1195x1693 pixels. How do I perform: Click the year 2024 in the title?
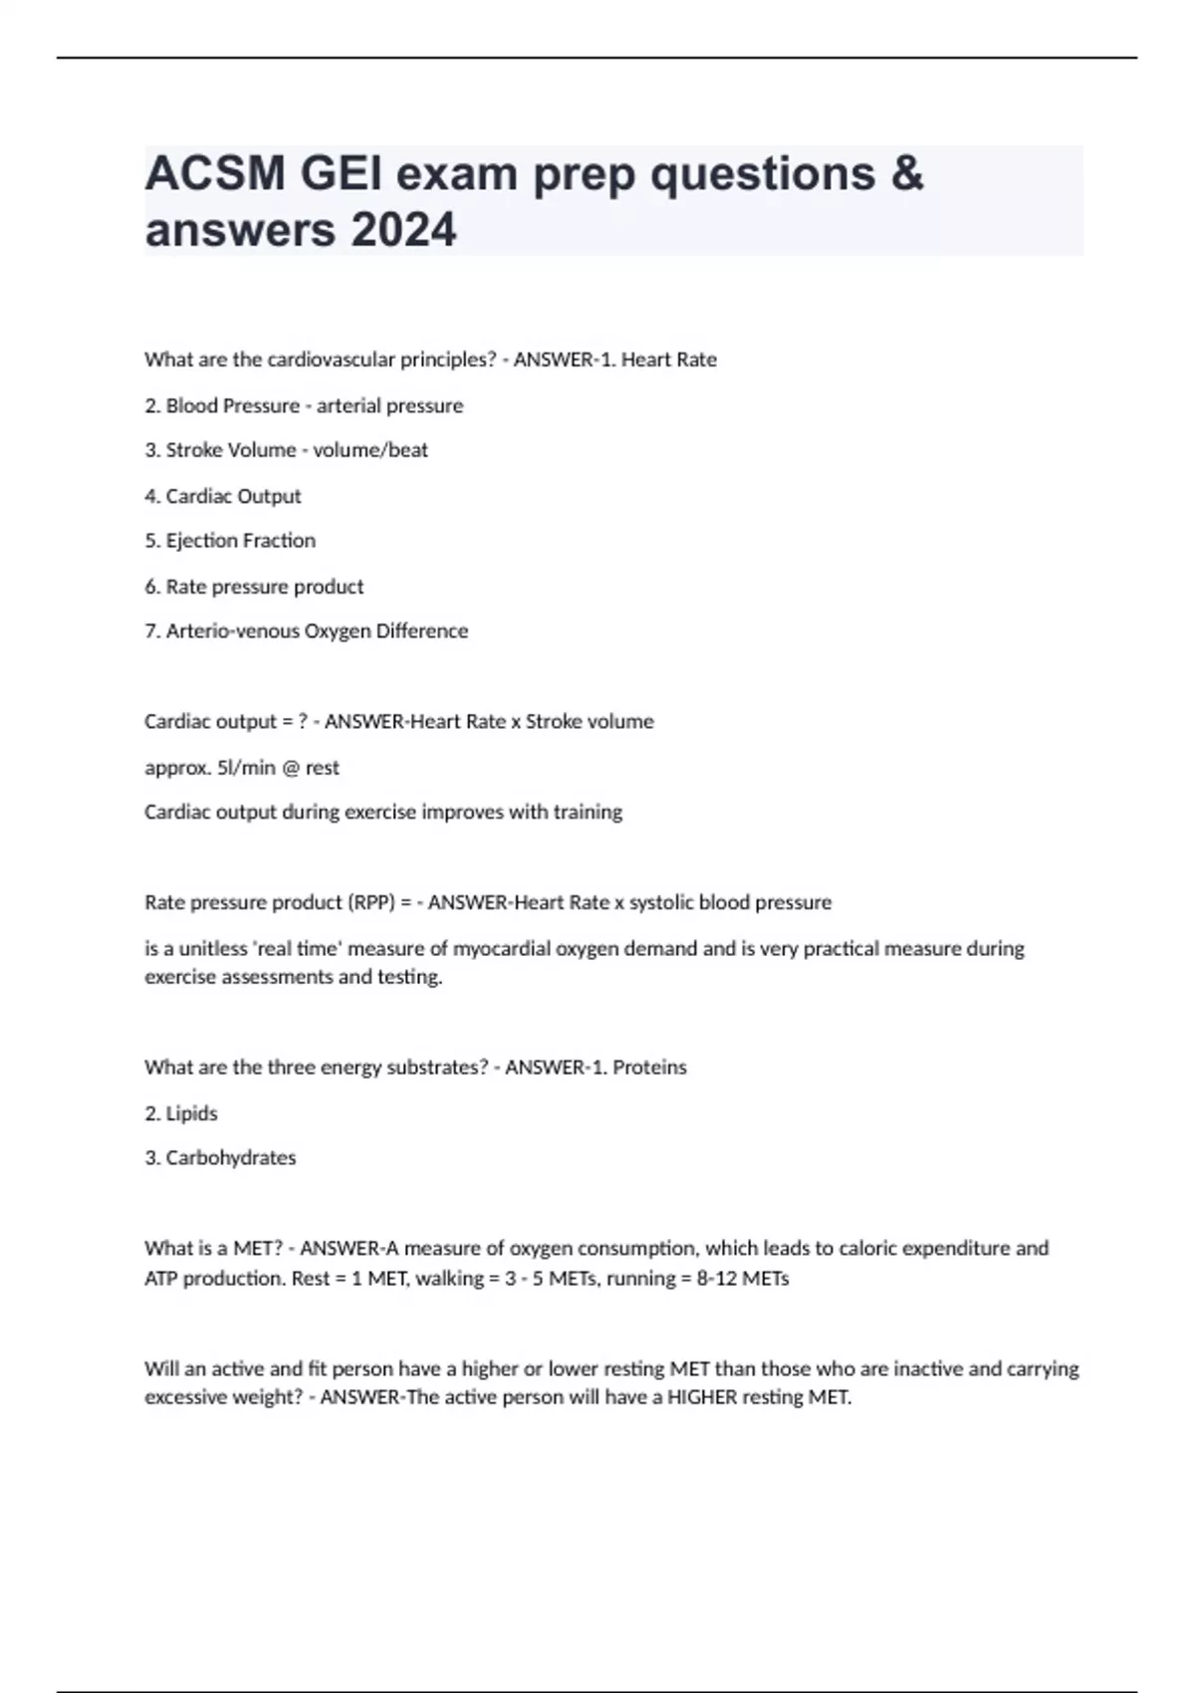[x=403, y=230]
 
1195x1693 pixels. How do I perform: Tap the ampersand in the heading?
[x=906, y=174]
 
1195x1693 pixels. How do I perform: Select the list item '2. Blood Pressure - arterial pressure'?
[x=304, y=405]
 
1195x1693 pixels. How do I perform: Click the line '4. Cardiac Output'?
[x=223, y=496]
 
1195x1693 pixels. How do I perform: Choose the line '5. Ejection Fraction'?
[x=230, y=541]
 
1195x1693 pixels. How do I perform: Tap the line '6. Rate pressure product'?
[x=254, y=587]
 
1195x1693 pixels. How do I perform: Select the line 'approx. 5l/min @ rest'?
[x=242, y=768]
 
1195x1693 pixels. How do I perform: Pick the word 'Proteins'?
[x=649, y=1068]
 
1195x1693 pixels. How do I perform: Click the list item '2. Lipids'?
[x=181, y=1113]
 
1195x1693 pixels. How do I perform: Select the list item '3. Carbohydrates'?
[x=220, y=1158]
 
